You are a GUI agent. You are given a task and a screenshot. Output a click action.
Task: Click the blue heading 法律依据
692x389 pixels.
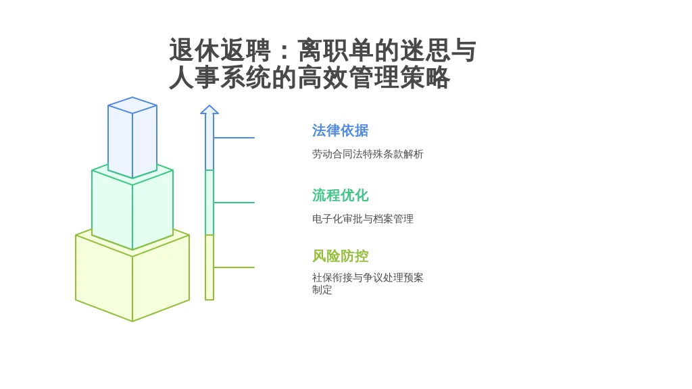pyautogui.click(x=341, y=130)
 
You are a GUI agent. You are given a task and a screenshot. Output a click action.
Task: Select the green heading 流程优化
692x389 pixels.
pyautogui.click(x=341, y=195)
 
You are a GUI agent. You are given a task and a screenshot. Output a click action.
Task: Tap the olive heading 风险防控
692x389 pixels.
pyautogui.click(x=341, y=256)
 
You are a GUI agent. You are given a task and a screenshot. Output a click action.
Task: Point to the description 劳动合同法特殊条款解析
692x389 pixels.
pyautogui.click(x=368, y=154)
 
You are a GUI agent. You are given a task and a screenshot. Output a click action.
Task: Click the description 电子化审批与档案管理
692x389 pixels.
pyautogui.click(x=363, y=219)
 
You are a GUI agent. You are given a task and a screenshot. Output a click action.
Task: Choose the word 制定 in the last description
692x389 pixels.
pyautogui.click(x=322, y=290)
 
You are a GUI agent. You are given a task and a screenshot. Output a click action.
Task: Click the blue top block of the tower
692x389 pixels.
pyautogui.click(x=132, y=137)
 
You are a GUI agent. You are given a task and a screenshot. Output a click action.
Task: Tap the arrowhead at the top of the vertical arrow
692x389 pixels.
pyautogui.click(x=209, y=109)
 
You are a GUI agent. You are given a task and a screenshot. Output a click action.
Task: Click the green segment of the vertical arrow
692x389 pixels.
pyautogui.click(x=209, y=203)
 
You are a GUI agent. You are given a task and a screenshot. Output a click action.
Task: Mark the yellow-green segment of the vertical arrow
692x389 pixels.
pyautogui.click(x=209, y=267)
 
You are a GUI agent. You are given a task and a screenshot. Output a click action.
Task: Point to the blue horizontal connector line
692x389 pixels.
pyautogui.click(x=234, y=138)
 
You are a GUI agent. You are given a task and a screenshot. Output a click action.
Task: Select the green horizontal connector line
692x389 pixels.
pyautogui.click(x=234, y=203)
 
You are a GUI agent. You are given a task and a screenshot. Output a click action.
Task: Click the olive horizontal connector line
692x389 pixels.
pyautogui.click(x=234, y=267)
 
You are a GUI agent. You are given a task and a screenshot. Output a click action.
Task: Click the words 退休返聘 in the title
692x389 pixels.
pyautogui.click(x=220, y=50)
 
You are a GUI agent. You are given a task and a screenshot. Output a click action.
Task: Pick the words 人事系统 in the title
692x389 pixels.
pyautogui.click(x=220, y=78)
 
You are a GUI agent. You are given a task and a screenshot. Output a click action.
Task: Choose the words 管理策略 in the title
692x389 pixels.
pyautogui.click(x=399, y=78)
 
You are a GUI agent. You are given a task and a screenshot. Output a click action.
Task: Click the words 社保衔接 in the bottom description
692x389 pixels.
pyautogui.click(x=332, y=278)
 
